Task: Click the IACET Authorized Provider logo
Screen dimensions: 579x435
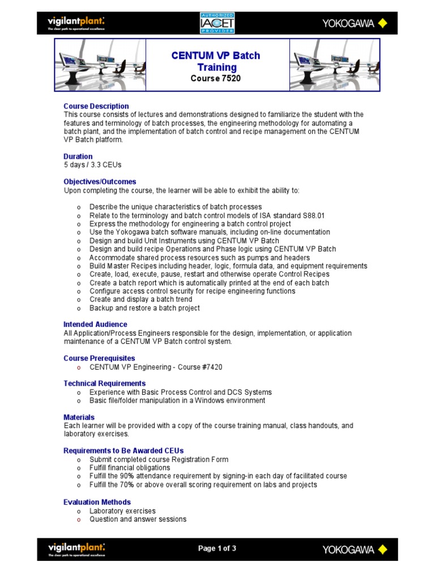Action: point(217,23)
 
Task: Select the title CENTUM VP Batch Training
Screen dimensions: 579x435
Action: point(216,62)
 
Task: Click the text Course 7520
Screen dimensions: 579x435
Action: point(215,79)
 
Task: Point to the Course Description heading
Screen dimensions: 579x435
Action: point(96,106)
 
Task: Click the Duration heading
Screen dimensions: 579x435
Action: point(78,157)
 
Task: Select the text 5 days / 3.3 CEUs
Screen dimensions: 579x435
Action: point(92,165)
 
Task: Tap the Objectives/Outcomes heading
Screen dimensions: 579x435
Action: point(100,182)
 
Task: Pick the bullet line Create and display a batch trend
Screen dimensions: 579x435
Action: point(140,300)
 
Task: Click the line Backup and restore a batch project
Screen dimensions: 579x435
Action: point(144,308)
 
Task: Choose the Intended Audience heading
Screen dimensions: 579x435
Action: point(95,325)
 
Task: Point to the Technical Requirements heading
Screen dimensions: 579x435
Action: point(104,383)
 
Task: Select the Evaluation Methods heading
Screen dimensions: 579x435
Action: point(97,502)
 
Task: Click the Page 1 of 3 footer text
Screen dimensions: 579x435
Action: point(217,548)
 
